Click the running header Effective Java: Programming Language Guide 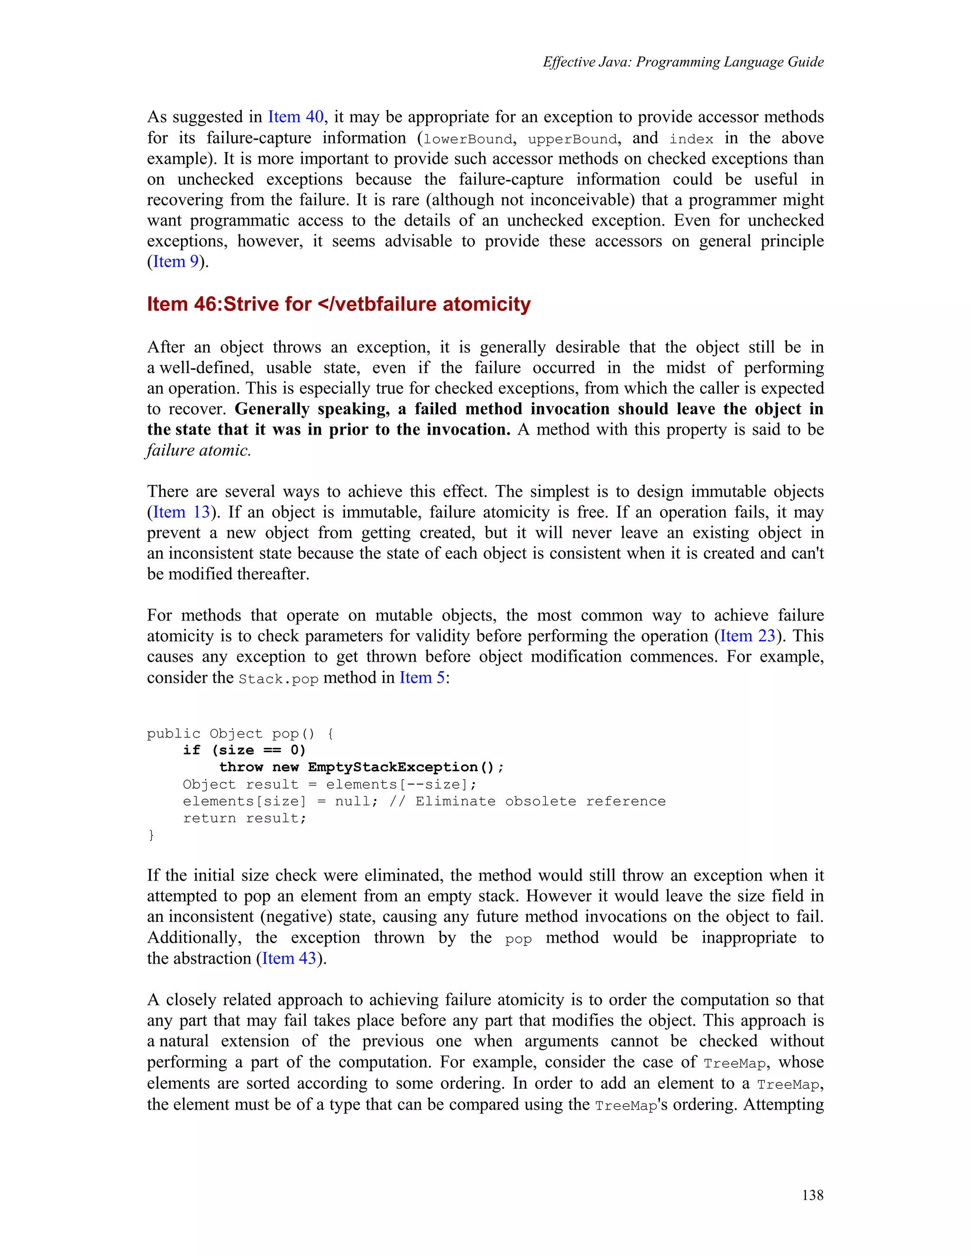[683, 62]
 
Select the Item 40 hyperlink [296, 117]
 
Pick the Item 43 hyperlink [289, 958]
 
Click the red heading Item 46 [184, 304]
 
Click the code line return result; [245, 819]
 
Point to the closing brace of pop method [151, 835]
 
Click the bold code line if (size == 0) [245, 750]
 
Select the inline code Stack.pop [278, 679]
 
